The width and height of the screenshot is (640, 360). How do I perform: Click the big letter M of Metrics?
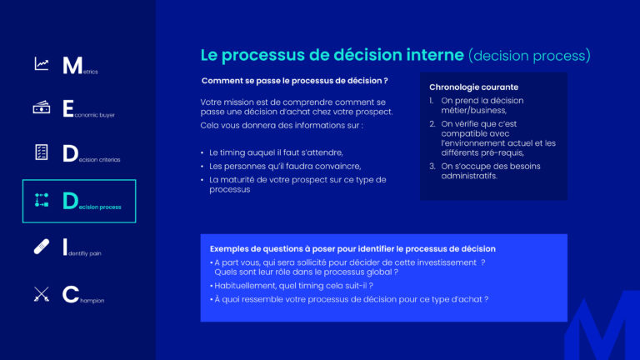click(72, 65)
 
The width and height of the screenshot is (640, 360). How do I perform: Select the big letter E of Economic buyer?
click(68, 108)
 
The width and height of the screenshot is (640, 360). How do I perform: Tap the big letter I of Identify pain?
click(65, 247)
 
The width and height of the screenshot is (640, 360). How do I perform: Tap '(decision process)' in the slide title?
click(529, 56)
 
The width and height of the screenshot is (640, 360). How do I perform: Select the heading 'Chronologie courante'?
click(473, 87)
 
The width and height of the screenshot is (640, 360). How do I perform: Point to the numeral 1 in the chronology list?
click(432, 101)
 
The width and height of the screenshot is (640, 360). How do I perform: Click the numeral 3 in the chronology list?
click(432, 166)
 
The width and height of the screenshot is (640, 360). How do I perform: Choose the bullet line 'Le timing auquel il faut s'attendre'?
click(276, 152)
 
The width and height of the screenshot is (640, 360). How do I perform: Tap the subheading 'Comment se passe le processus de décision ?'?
click(294, 81)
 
